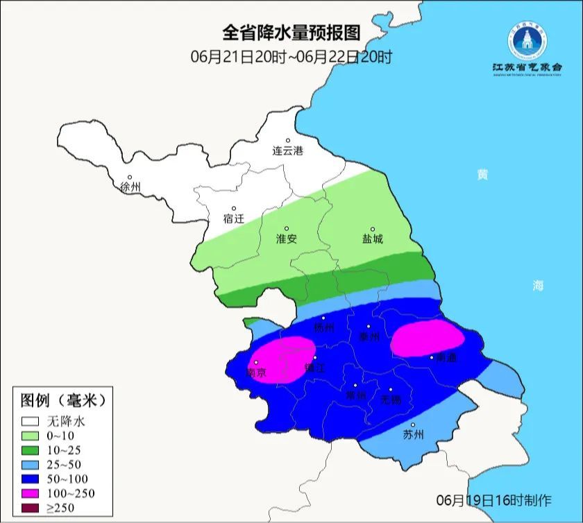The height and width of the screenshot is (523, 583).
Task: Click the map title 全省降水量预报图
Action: coord(291,33)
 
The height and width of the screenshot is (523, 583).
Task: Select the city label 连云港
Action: coord(287,151)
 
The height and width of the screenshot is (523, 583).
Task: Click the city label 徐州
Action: coord(130,187)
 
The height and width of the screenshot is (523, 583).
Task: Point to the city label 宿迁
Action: coord(234,218)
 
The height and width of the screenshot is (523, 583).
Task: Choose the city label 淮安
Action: coord(287,239)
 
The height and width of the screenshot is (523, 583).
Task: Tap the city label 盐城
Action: coord(372,239)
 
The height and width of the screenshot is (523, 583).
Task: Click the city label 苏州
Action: coord(414,435)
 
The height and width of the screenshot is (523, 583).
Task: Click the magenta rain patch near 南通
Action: coord(426,339)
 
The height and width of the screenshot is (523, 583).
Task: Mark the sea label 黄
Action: coord(482,175)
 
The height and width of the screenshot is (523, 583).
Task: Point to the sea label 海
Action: coord(537,285)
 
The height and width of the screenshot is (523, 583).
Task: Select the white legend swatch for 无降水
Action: coord(31,421)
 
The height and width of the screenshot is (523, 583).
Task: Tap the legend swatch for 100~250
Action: coord(31,494)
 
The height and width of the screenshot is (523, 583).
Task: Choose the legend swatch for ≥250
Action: coord(31,508)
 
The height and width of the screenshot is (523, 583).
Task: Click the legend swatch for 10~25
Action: coord(31,450)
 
